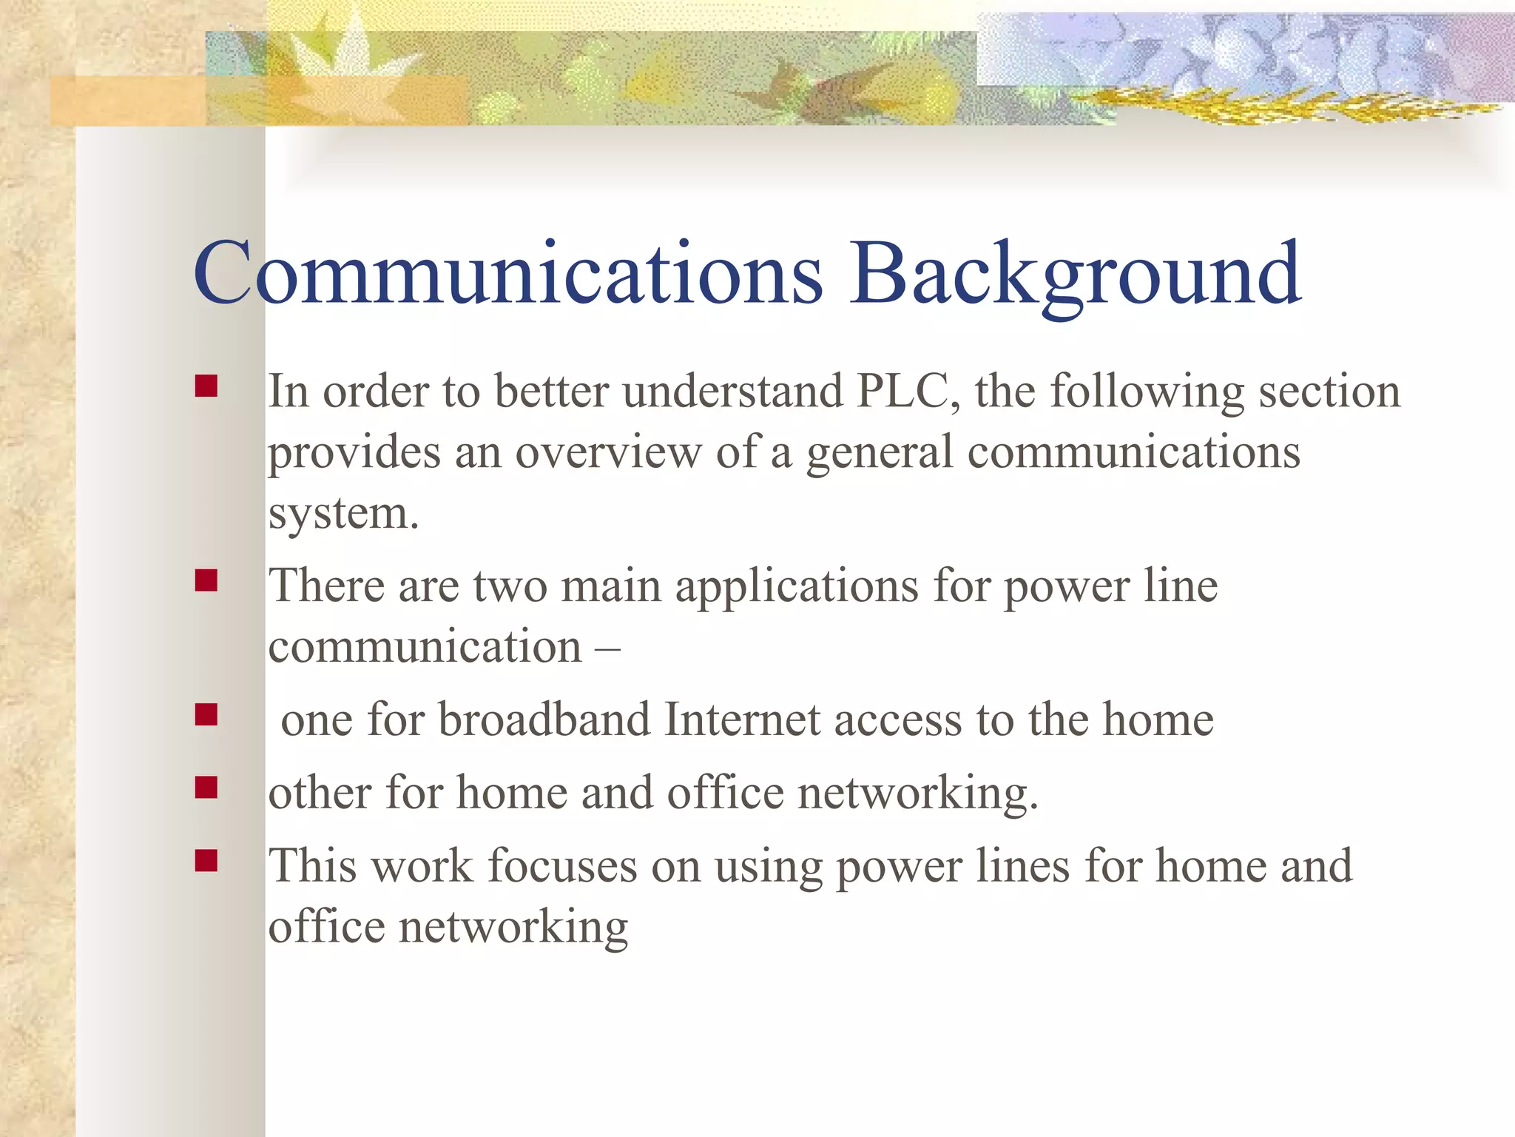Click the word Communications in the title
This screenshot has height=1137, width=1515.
point(507,274)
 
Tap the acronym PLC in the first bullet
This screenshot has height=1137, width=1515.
point(908,391)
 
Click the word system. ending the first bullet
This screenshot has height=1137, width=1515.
point(343,514)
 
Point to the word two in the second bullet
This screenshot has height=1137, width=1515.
point(510,586)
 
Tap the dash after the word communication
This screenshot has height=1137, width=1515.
point(607,647)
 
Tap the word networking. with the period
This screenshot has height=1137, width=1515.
point(918,793)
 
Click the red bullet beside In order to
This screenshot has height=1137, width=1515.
point(206,386)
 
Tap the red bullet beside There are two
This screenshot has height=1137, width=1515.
point(206,580)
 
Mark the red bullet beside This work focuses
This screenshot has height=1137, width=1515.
point(206,860)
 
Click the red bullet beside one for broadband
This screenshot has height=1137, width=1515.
point(206,714)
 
